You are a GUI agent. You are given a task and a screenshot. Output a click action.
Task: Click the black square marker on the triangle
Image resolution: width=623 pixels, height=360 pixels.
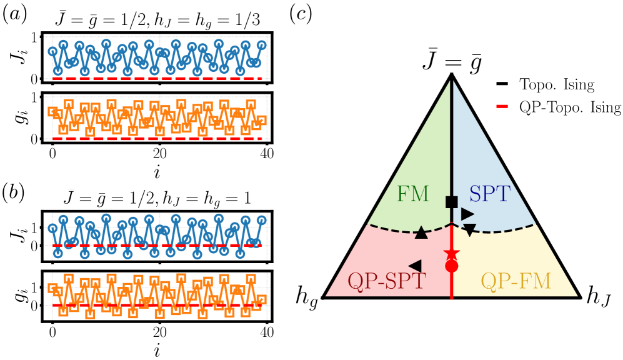451,202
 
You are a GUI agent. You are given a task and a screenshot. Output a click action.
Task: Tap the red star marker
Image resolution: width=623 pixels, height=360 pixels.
451,254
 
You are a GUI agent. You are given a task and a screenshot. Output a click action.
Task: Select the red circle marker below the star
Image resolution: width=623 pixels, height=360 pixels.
451,266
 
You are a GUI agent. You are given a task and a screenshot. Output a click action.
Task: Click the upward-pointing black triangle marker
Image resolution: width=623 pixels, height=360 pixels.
421,232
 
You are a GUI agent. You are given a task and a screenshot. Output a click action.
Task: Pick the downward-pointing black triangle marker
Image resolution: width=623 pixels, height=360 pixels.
470,229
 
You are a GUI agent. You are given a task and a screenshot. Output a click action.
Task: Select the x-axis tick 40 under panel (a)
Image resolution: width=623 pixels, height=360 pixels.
266,153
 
